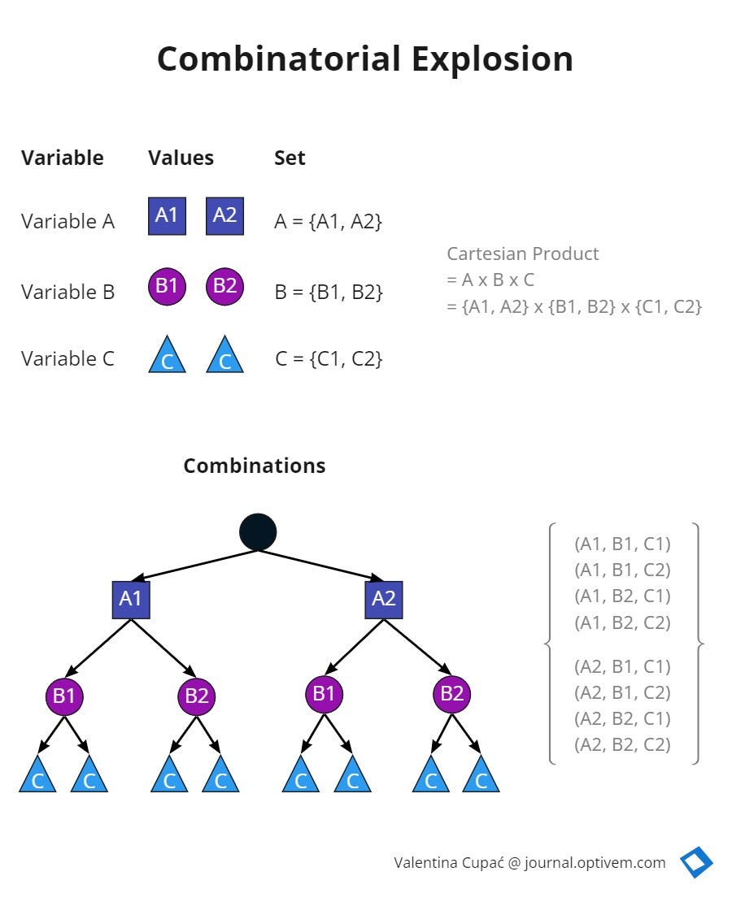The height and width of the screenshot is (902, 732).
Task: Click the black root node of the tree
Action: (x=258, y=531)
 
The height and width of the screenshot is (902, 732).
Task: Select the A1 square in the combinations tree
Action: (x=131, y=599)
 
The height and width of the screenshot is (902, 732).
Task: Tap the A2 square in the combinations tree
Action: (x=383, y=599)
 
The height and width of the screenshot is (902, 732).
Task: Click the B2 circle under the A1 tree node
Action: (x=197, y=696)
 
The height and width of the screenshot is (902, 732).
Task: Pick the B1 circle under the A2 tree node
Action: (x=325, y=693)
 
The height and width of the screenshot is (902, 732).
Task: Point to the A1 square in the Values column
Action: (x=167, y=215)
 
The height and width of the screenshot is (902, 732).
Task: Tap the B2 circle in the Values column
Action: (x=225, y=286)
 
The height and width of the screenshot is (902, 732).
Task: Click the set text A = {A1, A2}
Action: (x=328, y=220)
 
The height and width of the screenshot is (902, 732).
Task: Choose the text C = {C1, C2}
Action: (x=328, y=358)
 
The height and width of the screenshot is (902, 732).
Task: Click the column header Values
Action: (x=181, y=158)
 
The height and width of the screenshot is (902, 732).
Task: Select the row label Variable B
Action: (x=68, y=292)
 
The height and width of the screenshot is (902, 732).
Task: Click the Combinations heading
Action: (x=254, y=466)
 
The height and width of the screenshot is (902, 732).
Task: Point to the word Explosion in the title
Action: (x=492, y=59)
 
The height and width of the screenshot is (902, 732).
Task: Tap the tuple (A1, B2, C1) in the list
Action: (x=622, y=596)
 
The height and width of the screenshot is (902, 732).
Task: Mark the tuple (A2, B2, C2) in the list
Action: (x=622, y=744)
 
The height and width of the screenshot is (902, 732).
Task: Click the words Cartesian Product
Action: (x=522, y=254)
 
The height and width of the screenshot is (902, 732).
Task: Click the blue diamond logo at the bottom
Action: (x=696, y=862)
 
